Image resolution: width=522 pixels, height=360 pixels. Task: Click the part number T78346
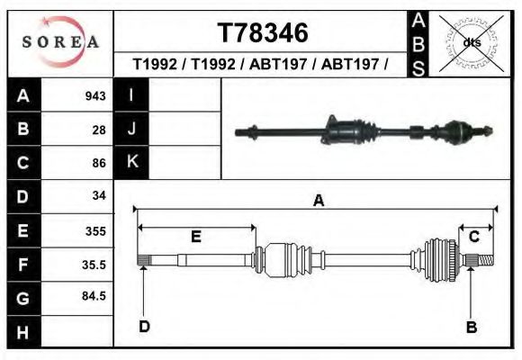tap(262, 33)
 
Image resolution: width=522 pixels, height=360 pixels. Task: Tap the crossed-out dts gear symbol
tap(471, 41)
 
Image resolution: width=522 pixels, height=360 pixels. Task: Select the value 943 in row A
tap(95, 96)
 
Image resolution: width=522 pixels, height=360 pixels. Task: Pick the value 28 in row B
tap(99, 130)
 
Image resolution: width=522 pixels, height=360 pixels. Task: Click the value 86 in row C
tap(99, 163)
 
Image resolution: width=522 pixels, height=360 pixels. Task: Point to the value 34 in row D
tap(99, 195)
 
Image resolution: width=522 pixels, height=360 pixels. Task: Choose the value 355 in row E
tap(95, 230)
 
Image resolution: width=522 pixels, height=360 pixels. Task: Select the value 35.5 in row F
tap(94, 265)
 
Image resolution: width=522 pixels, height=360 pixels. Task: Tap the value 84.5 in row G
tap(94, 296)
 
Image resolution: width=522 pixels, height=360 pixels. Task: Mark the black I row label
tap(131, 95)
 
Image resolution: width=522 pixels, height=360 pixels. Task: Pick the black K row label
tap(131, 162)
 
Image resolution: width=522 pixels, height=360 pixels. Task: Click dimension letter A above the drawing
tap(317, 202)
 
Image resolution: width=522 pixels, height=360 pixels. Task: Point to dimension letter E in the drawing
tap(194, 236)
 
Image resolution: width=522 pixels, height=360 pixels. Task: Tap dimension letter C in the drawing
tap(473, 236)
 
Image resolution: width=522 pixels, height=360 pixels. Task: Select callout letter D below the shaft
tap(144, 326)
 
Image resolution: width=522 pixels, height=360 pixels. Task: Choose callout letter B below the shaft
tap(471, 327)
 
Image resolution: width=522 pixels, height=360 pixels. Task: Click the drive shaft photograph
tap(364, 132)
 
